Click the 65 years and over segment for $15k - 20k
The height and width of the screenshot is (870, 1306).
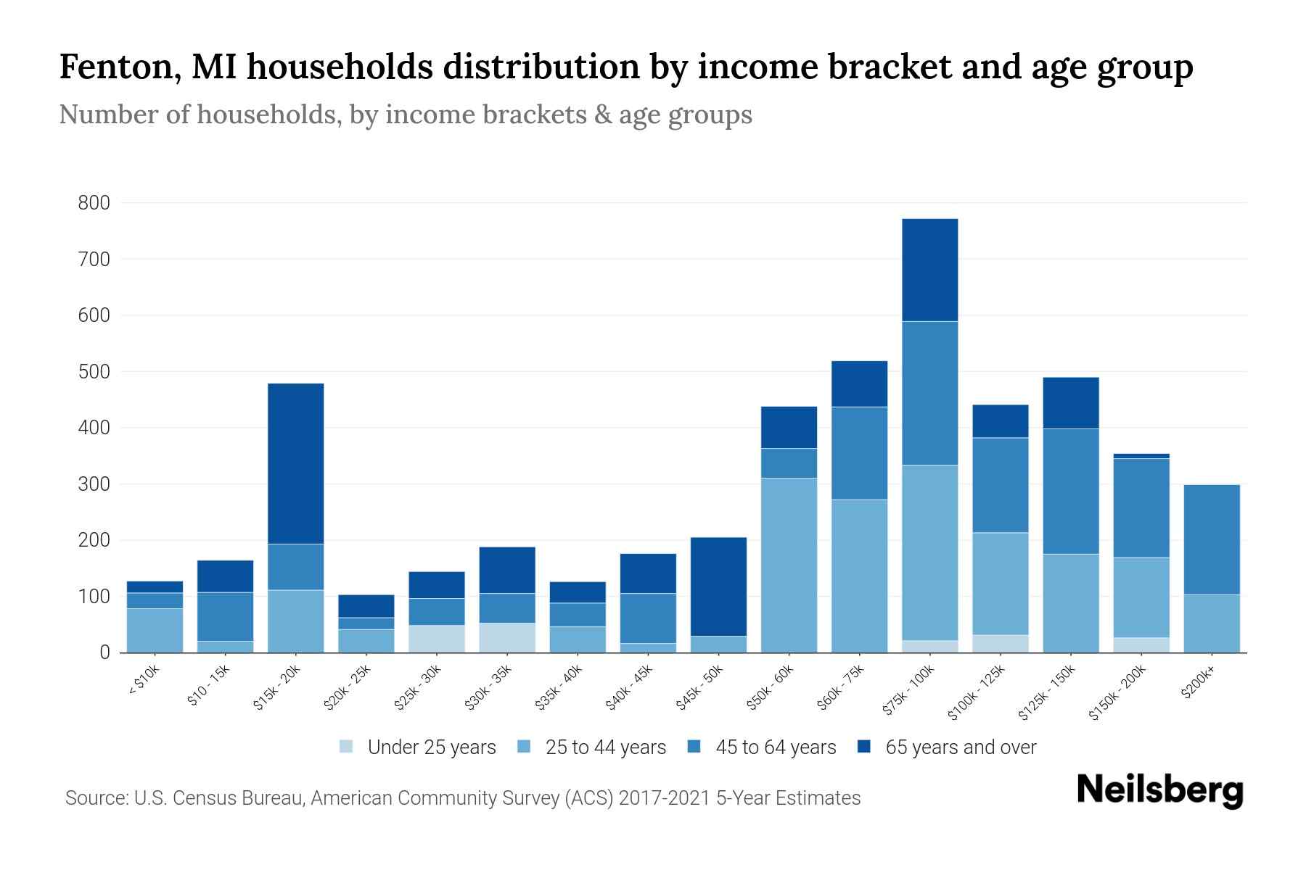tap(295, 463)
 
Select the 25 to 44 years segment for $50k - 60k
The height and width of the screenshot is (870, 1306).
tap(789, 565)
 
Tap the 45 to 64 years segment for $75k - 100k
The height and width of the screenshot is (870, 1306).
tap(929, 393)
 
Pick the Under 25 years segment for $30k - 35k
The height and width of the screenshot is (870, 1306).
tap(507, 637)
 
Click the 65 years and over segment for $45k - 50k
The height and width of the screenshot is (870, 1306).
tap(718, 587)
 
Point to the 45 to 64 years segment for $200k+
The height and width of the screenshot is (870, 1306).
tap(1211, 539)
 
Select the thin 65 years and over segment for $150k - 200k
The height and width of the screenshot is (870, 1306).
tap(1141, 456)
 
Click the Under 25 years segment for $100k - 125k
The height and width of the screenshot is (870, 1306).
tap(1000, 644)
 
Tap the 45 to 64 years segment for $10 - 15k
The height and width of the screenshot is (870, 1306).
tap(225, 616)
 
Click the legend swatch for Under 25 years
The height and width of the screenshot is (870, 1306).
tap(347, 747)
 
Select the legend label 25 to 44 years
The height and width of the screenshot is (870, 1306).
tap(605, 747)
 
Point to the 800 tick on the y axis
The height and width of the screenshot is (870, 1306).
tap(94, 203)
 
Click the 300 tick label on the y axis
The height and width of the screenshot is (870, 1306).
tap(94, 484)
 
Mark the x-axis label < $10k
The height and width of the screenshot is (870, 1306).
tap(144, 681)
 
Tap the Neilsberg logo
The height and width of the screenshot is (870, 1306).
tap(1159, 790)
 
